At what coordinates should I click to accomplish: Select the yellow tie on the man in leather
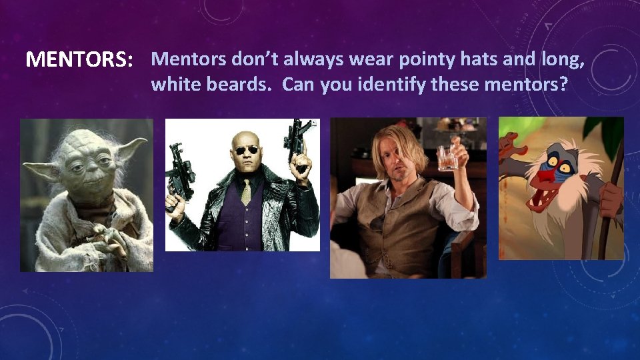pos(245,192)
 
